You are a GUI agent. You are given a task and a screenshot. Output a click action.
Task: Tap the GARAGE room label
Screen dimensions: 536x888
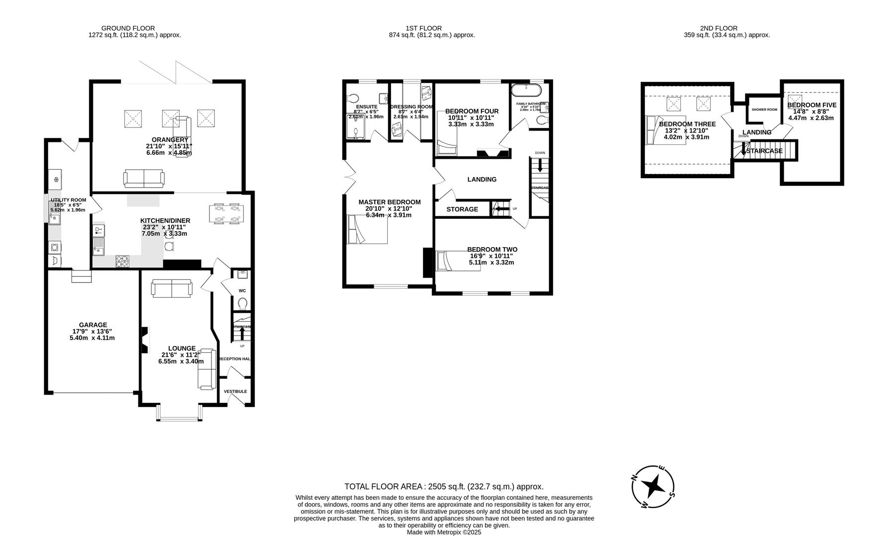point(93,325)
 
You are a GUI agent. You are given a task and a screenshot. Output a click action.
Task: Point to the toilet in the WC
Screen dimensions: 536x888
point(242,303)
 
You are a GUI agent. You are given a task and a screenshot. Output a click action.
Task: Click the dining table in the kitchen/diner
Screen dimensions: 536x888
point(226,213)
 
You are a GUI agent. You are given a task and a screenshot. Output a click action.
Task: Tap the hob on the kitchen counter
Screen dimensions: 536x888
point(123,261)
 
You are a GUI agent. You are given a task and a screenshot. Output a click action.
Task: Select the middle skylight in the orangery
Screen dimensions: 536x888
point(170,118)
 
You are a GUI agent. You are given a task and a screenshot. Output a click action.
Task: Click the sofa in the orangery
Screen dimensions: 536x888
point(143,178)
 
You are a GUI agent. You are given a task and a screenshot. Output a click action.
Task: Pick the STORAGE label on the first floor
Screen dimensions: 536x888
point(462,209)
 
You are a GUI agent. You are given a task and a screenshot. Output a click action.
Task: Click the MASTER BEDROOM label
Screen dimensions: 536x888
point(390,202)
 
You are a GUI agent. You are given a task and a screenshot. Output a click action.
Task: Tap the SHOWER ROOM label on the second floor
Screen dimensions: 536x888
point(764,110)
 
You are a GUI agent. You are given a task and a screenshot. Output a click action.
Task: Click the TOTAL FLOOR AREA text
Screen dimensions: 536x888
point(444,486)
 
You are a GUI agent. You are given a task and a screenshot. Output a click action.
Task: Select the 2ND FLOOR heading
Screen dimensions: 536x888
point(718,28)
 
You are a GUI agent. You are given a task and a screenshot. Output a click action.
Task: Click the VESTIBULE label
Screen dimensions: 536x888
point(235,392)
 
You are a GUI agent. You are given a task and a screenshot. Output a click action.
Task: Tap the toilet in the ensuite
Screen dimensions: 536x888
point(353,98)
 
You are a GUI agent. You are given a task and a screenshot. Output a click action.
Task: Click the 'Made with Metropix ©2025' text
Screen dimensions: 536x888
point(444,532)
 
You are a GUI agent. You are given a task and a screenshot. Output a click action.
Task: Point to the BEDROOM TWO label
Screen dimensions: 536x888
point(492,250)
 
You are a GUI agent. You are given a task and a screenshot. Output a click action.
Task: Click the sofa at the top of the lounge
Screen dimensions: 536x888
point(172,288)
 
